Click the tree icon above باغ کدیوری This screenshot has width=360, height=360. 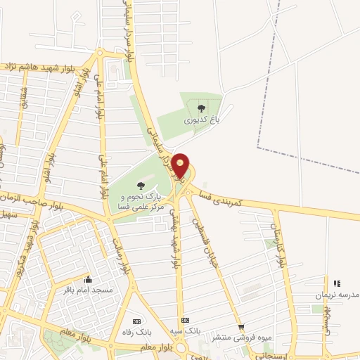pos(202,108)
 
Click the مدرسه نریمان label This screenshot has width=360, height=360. pos(336,296)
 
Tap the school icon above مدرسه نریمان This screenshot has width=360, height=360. pos(336,283)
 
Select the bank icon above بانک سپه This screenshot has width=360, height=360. pos(186,320)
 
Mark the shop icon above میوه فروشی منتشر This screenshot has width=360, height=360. pos(241,327)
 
